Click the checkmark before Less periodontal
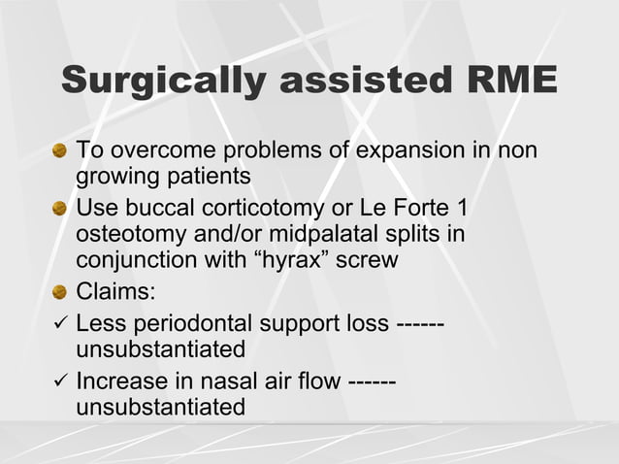(59, 322)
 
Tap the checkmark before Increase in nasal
(59, 381)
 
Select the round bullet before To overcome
(60, 152)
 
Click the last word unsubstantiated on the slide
(160, 407)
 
